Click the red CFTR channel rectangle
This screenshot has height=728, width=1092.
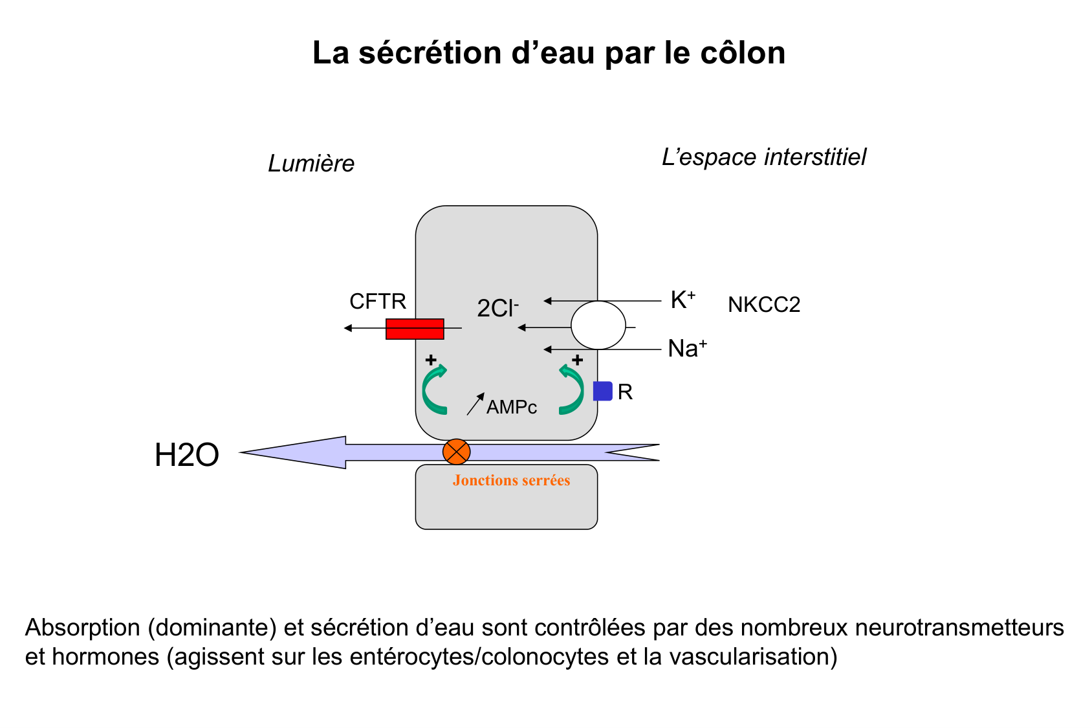tap(415, 329)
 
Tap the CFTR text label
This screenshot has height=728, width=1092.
tap(378, 302)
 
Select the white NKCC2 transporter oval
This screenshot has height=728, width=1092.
tap(598, 325)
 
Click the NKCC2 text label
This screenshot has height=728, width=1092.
tap(764, 305)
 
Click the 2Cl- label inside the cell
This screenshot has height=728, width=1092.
tap(497, 309)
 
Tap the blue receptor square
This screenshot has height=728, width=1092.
tap(602, 392)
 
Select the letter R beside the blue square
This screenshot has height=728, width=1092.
tap(625, 392)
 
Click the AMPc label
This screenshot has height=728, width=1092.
tap(512, 408)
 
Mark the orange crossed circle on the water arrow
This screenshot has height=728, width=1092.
tap(456, 452)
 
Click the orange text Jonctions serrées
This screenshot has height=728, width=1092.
tap(511, 480)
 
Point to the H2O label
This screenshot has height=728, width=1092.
tap(187, 456)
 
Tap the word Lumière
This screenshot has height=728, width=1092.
tap(311, 164)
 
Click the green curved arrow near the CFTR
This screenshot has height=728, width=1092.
tap(433, 390)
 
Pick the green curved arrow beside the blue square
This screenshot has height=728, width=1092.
tap(572, 390)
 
